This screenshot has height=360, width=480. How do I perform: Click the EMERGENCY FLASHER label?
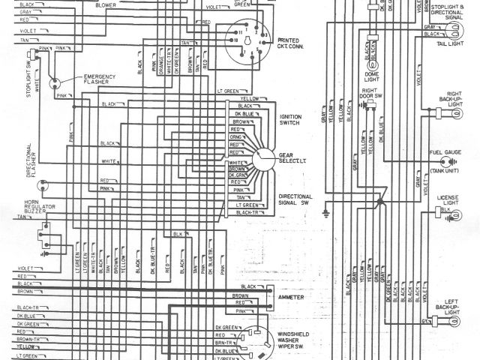[100, 79]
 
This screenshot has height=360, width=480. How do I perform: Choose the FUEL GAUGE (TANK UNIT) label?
[445, 161]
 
